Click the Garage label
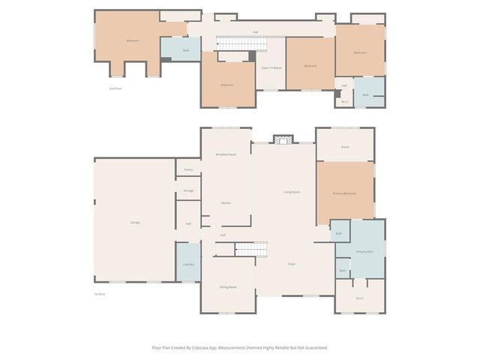point(135,222)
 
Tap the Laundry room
point(188,264)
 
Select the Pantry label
point(188,169)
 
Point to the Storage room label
point(188,190)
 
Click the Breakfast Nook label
point(226,154)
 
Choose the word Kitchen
point(226,203)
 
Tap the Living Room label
point(292,192)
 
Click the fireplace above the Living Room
point(283,139)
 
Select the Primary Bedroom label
point(344,193)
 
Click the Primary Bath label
point(364,251)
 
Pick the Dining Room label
point(228,287)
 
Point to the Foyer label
point(292,264)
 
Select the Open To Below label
point(271,68)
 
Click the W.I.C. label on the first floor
point(359,298)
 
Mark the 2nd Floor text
point(115,88)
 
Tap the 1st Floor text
point(99,293)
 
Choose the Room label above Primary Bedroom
point(345,147)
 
